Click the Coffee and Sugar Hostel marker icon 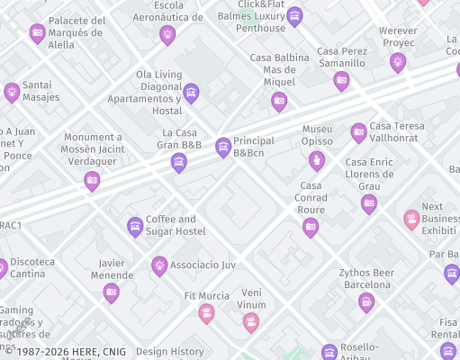(x=135, y=226)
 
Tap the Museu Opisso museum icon (x=316, y=161)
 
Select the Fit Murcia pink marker (x=207, y=313)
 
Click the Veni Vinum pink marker (x=251, y=321)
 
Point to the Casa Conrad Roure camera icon (x=311, y=227)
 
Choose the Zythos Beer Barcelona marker (x=365, y=301)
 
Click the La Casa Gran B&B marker (x=179, y=162)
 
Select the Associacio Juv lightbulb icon (x=159, y=265)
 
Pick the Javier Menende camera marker (x=112, y=292)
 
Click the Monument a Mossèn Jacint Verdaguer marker (x=92, y=181)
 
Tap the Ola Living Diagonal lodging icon (x=191, y=93)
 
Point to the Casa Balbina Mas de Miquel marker (x=279, y=101)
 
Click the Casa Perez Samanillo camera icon (x=341, y=81)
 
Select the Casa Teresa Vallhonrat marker (x=358, y=133)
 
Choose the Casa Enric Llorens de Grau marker (x=369, y=203)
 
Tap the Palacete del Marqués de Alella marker (x=38, y=33)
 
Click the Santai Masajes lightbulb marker (x=12, y=91)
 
